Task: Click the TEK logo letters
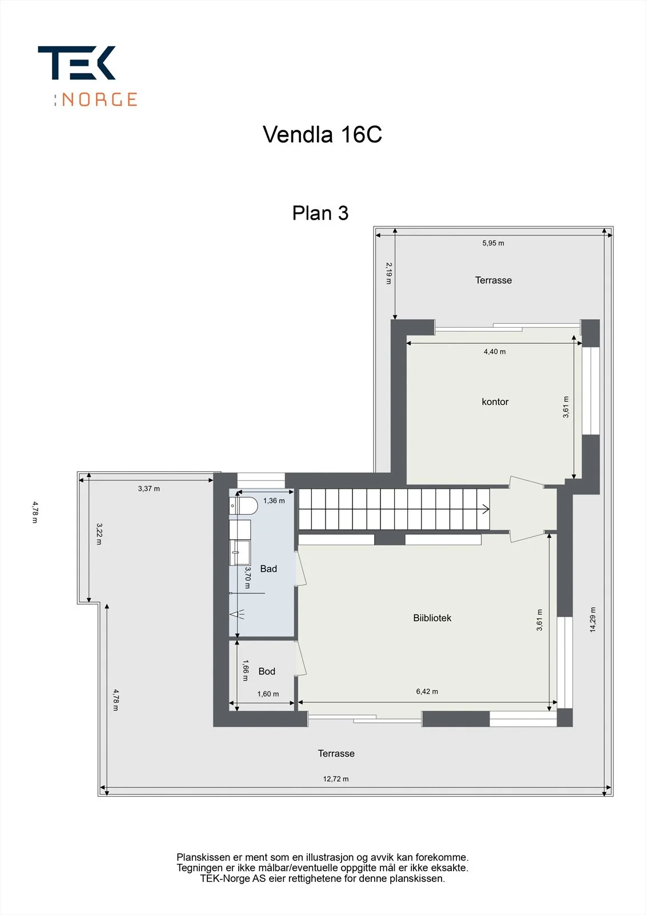coord(77,62)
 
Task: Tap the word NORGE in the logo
coord(99,100)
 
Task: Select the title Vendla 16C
coord(322,134)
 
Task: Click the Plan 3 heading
coord(320,213)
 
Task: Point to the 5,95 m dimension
coord(493,243)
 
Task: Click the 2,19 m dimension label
coord(389,273)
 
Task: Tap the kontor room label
coord(495,401)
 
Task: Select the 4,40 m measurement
coord(495,351)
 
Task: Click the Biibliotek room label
coord(432,618)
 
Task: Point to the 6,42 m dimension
coord(427,691)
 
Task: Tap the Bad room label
coord(268,568)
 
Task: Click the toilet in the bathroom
coord(244,506)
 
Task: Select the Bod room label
coord(267,671)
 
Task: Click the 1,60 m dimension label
coord(268,694)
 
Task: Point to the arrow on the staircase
coord(485,509)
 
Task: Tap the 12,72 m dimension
coord(336,779)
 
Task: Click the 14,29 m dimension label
coord(592,620)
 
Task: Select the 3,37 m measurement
coord(149,488)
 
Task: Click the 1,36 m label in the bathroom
coord(274,500)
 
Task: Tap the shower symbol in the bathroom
coord(237,614)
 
